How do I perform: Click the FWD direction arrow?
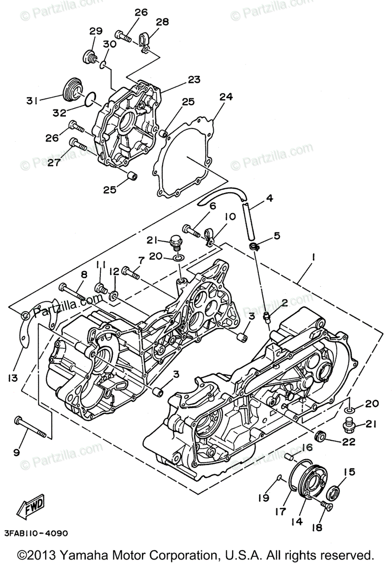tap(31, 508)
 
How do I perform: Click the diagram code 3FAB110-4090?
tap(36, 533)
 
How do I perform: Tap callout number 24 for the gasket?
tap(226, 97)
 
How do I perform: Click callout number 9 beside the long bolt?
tap(17, 452)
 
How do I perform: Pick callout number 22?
tap(349, 442)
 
